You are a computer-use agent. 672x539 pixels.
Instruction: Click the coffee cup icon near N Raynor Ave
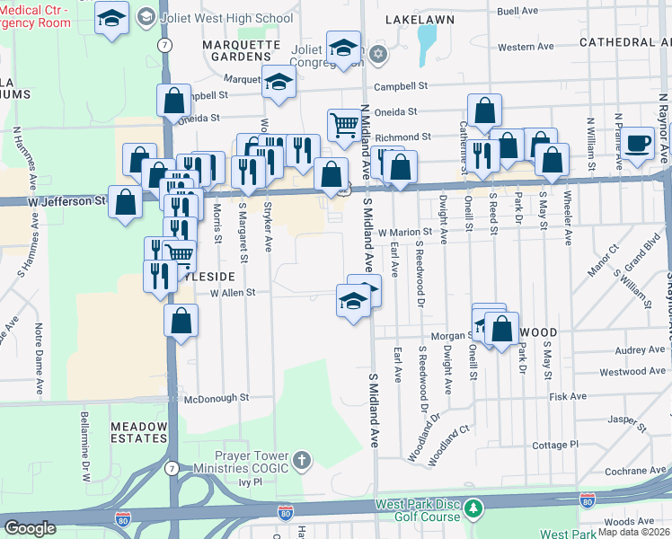[639, 143]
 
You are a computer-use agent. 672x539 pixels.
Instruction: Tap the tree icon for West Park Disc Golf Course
[473, 509]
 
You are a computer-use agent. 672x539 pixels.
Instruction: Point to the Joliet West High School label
[225, 18]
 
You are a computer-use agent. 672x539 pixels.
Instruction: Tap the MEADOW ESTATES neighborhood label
[138, 434]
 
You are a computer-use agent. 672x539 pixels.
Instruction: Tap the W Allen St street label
[233, 292]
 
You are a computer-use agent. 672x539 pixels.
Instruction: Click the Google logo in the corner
[30, 528]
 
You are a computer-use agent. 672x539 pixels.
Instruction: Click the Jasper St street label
[627, 419]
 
